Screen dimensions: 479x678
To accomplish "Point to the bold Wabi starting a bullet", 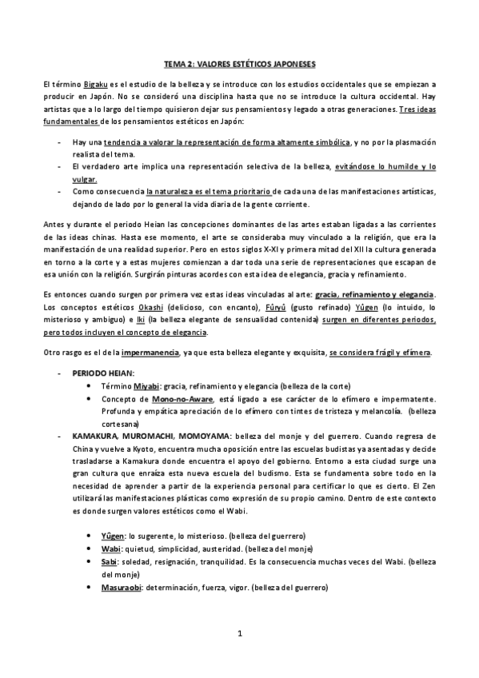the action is coord(110,548).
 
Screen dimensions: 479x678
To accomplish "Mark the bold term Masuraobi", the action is coord(122,588).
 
